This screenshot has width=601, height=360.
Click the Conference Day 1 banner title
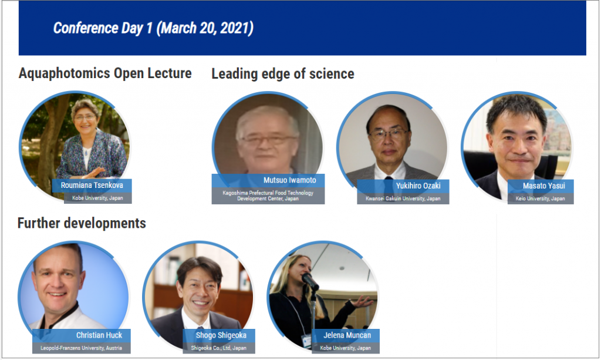[153, 28]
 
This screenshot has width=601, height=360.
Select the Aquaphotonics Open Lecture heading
[105, 73]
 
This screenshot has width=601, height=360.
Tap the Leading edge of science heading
[283, 73]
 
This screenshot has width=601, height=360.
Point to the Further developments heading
[82, 223]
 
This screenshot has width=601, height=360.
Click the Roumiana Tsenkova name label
[92, 185]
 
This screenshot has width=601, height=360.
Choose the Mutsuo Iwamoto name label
[290, 180]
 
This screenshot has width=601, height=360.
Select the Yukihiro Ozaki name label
[418, 186]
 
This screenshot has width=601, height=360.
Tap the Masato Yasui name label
[544, 186]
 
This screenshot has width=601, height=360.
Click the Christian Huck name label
[99, 335]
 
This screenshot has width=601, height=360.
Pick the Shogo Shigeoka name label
[221, 335]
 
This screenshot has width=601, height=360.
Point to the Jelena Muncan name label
[347, 335]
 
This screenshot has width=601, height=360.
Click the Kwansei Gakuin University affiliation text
[403, 198]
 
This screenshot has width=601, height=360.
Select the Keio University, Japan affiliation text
[540, 198]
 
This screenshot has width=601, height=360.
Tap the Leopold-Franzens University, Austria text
[81, 348]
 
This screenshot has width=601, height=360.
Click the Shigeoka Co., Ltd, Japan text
[219, 348]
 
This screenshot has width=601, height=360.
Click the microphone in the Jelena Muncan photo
[310, 281]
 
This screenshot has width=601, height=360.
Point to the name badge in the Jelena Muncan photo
[306, 341]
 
